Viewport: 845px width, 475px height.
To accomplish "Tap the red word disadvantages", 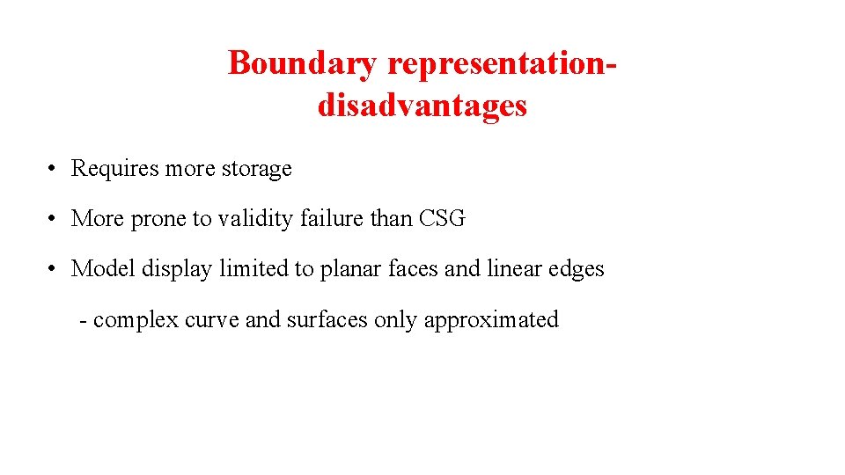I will coord(422,106).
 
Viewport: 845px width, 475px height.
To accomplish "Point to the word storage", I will coord(256,169).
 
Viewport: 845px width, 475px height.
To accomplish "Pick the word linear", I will coord(513,268).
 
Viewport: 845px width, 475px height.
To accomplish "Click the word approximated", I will coord(491,320).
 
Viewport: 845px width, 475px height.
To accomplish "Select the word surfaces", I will coord(326,319).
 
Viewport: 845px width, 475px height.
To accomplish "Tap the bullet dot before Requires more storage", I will coord(54,169).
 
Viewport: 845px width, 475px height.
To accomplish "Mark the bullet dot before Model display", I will coord(54,269).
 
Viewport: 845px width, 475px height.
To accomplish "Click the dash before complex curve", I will coord(83,320).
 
